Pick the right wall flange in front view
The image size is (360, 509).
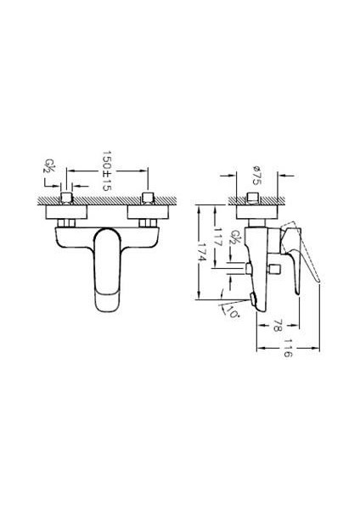click(x=148, y=210)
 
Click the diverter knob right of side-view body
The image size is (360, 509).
click(x=274, y=270)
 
